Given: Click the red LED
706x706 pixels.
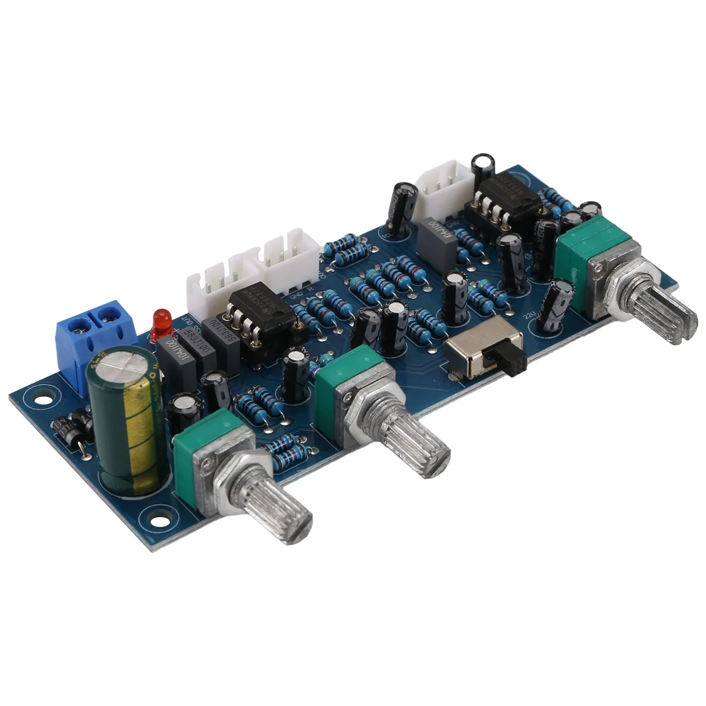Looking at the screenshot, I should [160, 321].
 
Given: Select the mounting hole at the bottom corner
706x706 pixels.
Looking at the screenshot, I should [156, 521].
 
